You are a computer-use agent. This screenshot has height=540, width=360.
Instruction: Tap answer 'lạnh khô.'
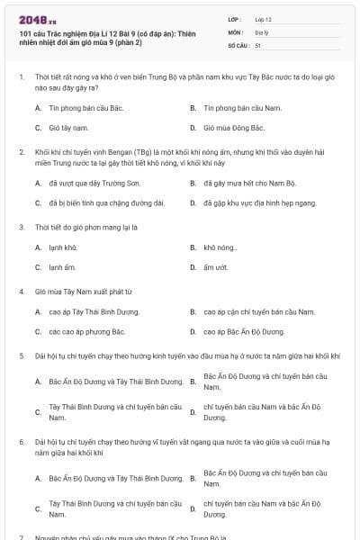[63, 247]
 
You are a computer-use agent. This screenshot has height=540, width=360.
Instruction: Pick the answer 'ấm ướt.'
[215, 267]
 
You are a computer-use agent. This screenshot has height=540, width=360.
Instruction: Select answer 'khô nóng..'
[220, 247]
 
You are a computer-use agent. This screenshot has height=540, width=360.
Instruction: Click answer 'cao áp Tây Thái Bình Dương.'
[94, 311]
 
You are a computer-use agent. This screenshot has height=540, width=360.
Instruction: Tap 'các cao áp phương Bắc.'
[86, 332]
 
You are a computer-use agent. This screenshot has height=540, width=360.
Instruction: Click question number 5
[22, 355]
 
